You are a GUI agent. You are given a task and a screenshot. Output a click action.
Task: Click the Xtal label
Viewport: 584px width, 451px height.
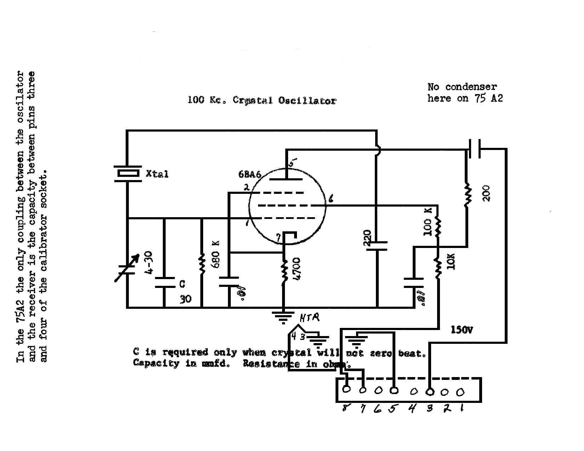pos(157,174)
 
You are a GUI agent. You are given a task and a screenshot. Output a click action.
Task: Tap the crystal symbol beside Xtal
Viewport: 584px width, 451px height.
pos(128,174)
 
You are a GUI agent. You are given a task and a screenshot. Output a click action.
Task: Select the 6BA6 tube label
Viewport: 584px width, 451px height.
pos(250,175)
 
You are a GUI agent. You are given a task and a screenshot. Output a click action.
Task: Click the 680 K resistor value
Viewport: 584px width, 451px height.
pos(216,254)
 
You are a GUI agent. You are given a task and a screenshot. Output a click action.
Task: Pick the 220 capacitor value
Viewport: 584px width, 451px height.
pos(367,238)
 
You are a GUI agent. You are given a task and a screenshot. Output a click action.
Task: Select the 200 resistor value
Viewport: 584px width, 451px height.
pos(487,193)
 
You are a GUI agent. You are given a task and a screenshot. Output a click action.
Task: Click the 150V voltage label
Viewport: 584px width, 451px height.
pos(462,330)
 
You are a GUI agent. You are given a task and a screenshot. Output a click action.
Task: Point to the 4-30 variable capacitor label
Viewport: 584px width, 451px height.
pos(149,263)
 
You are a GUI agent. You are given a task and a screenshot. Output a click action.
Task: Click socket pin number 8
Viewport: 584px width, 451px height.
pos(345,409)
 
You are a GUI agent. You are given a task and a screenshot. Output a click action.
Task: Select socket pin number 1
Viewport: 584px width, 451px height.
pos(462,409)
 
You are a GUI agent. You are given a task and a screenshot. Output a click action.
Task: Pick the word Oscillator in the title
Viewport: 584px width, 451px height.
pos(307,101)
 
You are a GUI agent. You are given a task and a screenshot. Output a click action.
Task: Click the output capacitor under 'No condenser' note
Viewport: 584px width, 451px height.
pos(475,149)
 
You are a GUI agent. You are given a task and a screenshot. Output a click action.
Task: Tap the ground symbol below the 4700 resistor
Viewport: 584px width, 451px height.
pos(283,317)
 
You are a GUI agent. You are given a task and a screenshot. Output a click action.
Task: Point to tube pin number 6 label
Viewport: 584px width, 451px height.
pos(331,199)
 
